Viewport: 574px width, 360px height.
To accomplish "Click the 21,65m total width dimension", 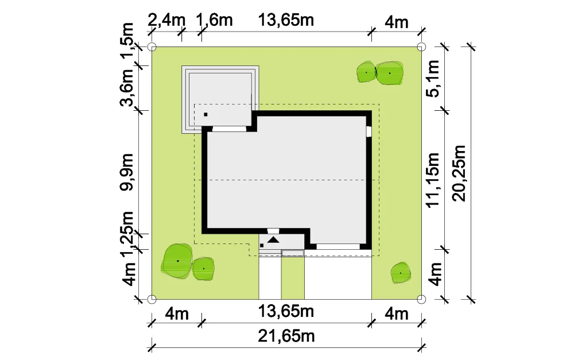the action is click(x=286, y=336).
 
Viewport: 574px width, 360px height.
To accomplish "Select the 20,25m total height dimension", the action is click(x=459, y=173).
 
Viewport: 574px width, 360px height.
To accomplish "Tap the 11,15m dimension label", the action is click(x=432, y=180).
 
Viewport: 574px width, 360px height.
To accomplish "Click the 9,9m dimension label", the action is click(x=127, y=172).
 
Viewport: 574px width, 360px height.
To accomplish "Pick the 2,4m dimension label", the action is click(x=166, y=20).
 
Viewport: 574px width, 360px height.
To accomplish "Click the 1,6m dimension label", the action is click(x=215, y=20).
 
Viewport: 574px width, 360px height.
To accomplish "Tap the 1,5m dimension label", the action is click(x=127, y=40).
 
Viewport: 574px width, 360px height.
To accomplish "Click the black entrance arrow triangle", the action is click(x=273, y=240).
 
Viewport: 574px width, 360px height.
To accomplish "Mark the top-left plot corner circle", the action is click(x=152, y=47).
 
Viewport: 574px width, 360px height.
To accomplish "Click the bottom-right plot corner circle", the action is click(x=421, y=299).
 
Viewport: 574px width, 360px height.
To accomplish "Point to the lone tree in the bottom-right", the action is click(x=401, y=273).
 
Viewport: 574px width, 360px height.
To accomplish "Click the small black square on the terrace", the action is click(x=205, y=115).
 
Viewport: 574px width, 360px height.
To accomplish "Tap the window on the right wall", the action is click(x=369, y=131).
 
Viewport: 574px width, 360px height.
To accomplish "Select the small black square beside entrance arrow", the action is click(x=262, y=245).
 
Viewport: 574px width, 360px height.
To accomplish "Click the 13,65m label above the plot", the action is click(x=286, y=20).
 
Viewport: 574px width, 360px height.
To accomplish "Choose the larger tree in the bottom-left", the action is click(x=177, y=261).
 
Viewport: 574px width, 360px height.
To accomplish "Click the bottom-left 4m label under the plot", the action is click(x=177, y=314).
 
